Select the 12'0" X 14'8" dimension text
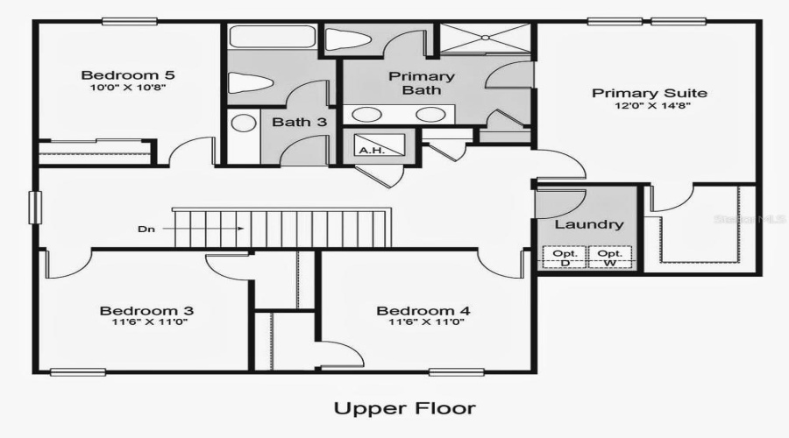[x=650, y=108]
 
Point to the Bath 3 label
[x=299, y=122]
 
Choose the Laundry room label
[x=588, y=224]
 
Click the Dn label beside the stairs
[x=147, y=230]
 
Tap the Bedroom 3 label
[x=146, y=310]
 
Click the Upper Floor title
[x=404, y=407]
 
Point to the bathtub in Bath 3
[x=271, y=38]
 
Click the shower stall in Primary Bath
[x=487, y=39]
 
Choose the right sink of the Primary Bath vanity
[x=429, y=114]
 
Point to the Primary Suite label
[x=650, y=93]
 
